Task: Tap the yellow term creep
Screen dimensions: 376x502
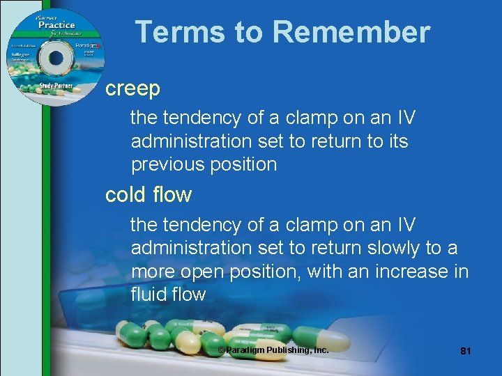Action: pos(132,88)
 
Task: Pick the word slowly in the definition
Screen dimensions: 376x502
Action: pos(394,248)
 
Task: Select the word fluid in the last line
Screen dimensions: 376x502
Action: pos(149,295)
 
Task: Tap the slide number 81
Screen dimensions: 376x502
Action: pos(466,351)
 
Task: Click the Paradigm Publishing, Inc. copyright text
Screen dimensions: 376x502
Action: pos(273,350)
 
